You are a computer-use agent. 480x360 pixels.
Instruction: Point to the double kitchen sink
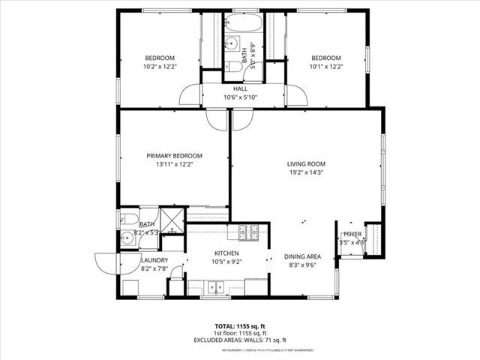click(x=216, y=286)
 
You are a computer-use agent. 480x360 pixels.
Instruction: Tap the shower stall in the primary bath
click(x=172, y=221)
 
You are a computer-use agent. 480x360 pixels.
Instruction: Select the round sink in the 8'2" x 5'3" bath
click(x=127, y=240)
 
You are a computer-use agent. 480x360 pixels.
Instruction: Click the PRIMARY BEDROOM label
click(x=174, y=156)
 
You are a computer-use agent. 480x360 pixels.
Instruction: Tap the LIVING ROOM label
click(x=305, y=163)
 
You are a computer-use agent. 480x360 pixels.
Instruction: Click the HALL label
click(x=240, y=88)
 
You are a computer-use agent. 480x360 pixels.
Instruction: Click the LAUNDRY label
click(x=154, y=260)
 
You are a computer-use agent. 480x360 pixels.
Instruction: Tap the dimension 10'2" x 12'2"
click(x=160, y=66)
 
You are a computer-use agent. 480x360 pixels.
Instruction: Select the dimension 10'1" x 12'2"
click(x=325, y=66)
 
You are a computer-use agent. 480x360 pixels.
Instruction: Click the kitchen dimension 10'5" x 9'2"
click(x=226, y=262)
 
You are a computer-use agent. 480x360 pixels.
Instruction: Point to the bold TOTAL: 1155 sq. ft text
click(x=239, y=326)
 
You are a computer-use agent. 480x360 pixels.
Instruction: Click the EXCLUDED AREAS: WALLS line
click(x=239, y=341)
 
